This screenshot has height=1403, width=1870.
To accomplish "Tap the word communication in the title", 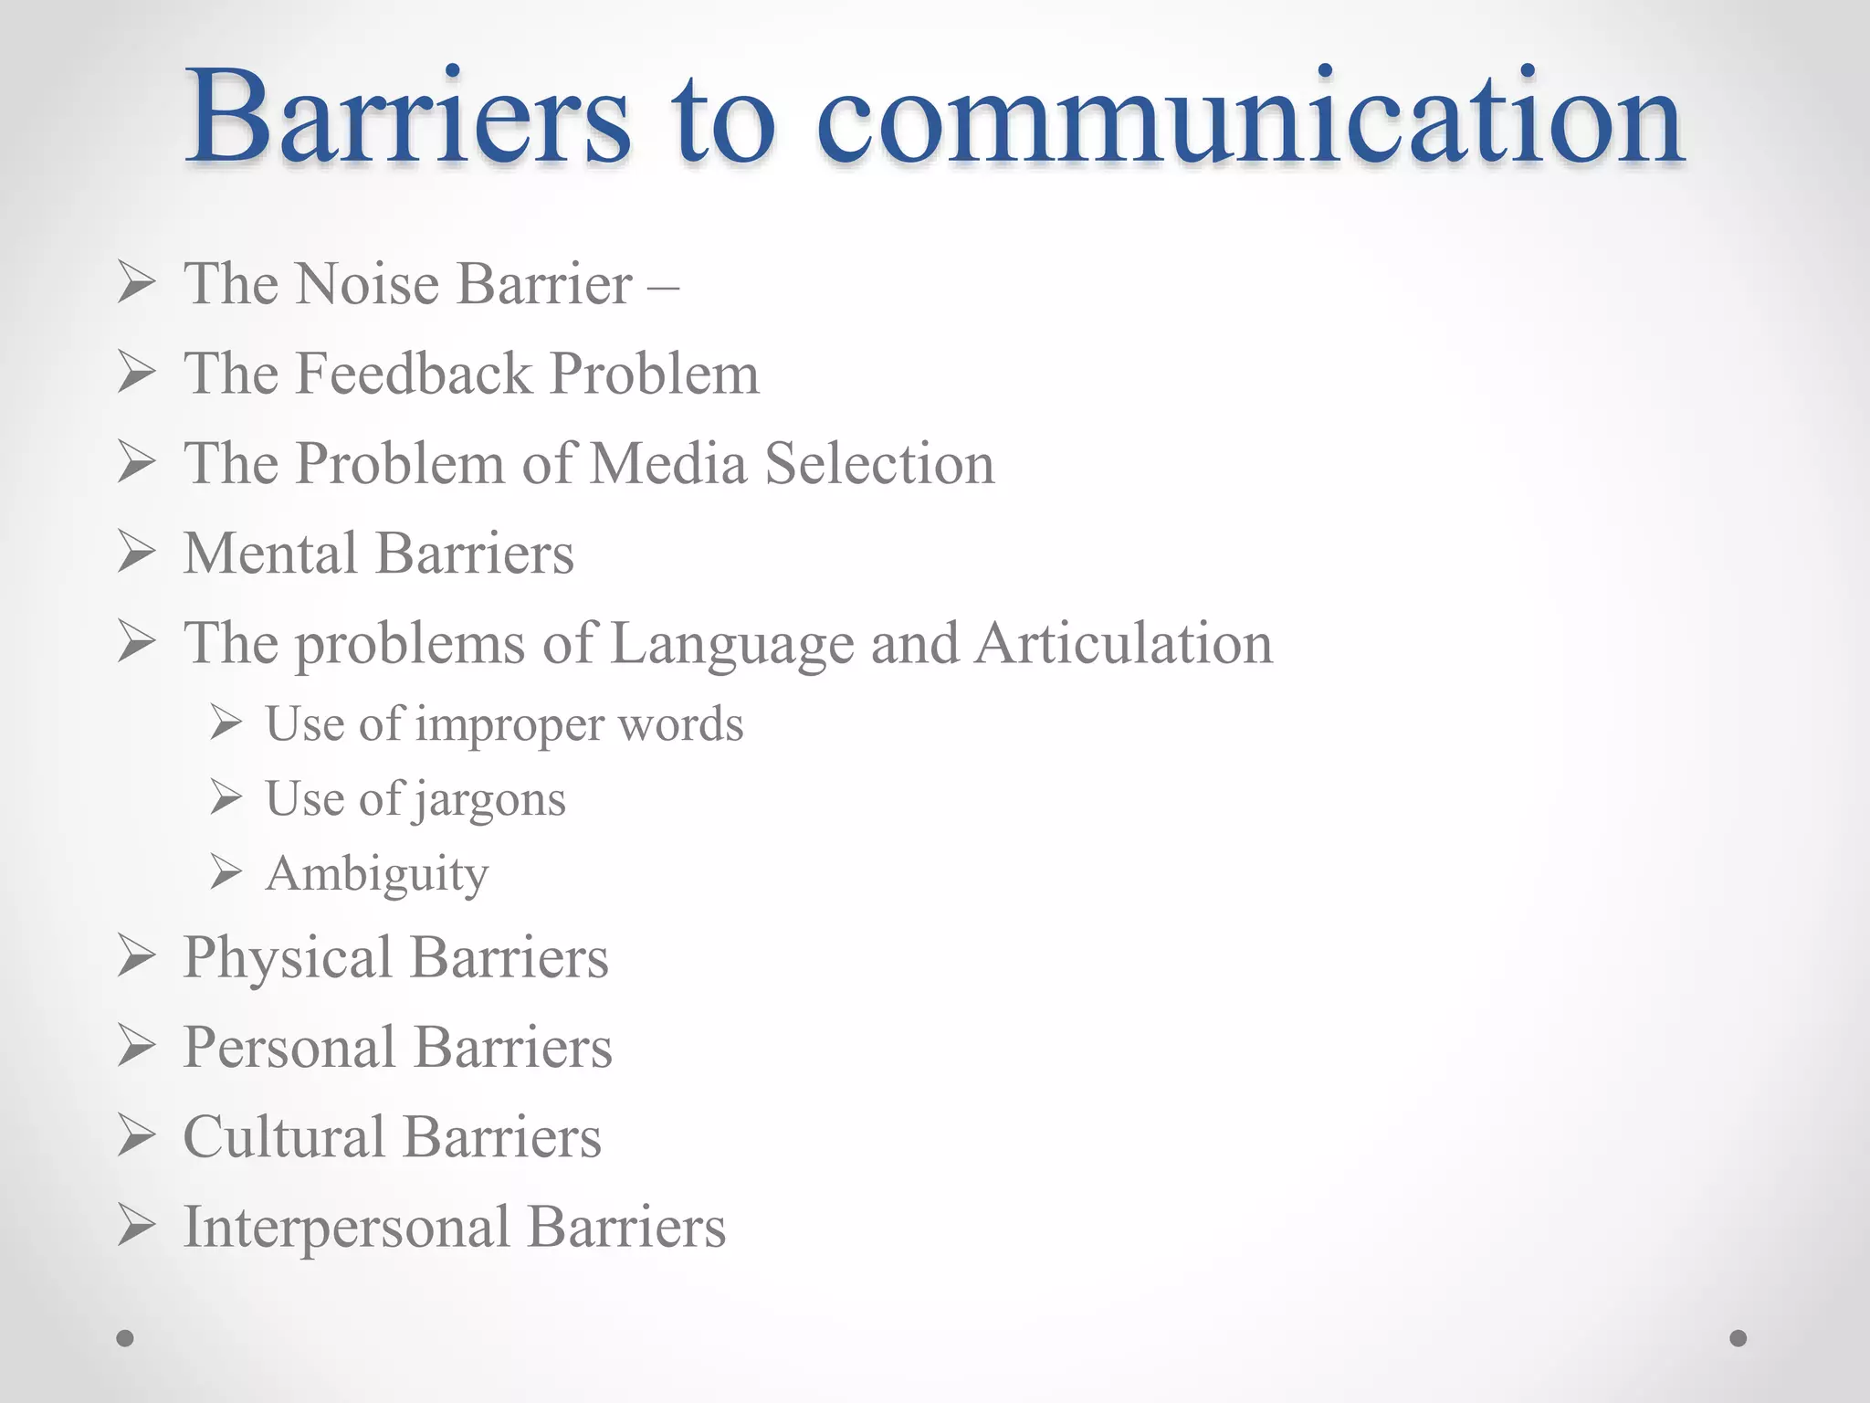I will coord(1249,119).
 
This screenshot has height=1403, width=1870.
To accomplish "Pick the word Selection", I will coord(879,463).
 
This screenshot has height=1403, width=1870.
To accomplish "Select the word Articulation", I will coord(1123,643).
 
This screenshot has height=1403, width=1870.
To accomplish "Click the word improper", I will coord(509,725).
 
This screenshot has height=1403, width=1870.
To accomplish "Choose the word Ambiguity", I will coord(377,875).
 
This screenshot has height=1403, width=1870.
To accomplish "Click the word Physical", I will coord(288,958).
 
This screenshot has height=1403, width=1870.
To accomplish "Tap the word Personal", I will coord(289,1047).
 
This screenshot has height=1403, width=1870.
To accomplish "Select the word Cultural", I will coord(283,1137).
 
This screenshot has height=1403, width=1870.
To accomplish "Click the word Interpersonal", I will coord(346,1227).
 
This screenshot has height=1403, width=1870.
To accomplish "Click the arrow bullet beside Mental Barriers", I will coord(137,554).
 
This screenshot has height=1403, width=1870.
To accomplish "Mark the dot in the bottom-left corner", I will coord(125,1338).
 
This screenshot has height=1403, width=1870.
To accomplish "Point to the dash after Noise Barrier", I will coord(663,285).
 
